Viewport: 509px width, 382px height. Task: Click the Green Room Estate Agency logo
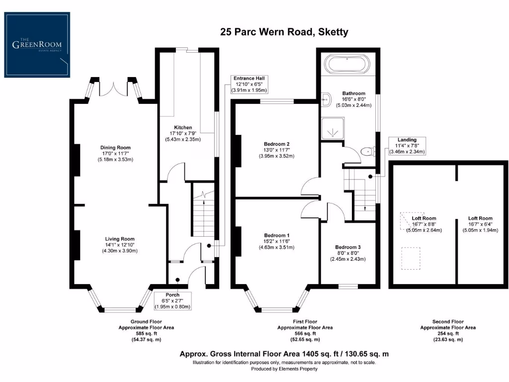(37, 45)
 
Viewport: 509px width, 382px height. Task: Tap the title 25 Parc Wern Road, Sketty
(284, 32)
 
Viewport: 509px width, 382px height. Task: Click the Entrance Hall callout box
(250, 85)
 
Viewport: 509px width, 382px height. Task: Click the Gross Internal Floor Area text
(284, 354)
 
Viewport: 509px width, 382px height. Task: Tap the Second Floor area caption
(448, 331)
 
